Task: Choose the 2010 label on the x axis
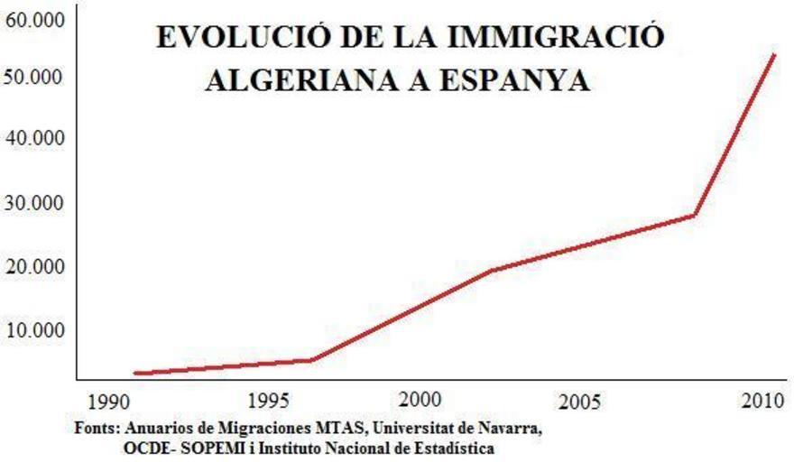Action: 755,399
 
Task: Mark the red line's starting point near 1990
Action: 134,373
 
